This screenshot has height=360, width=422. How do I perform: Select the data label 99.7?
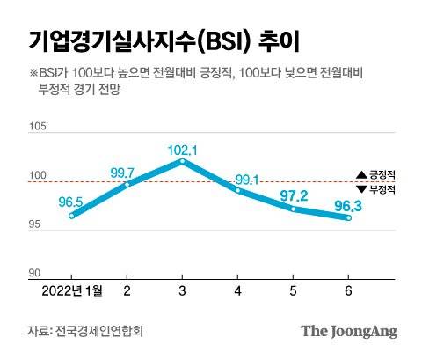click(x=125, y=172)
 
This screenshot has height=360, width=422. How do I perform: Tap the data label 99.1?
click(x=246, y=180)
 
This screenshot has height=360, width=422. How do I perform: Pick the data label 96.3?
click(x=348, y=204)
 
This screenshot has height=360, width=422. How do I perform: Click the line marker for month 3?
click(x=182, y=161)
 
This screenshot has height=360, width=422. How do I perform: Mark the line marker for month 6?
click(x=349, y=217)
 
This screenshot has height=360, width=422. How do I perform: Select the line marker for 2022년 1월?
click(x=71, y=216)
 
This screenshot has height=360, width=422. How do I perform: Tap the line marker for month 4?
click(x=237, y=189)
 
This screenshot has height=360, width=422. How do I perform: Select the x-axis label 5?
click(x=294, y=290)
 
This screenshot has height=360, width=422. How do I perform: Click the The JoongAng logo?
click(x=349, y=331)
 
